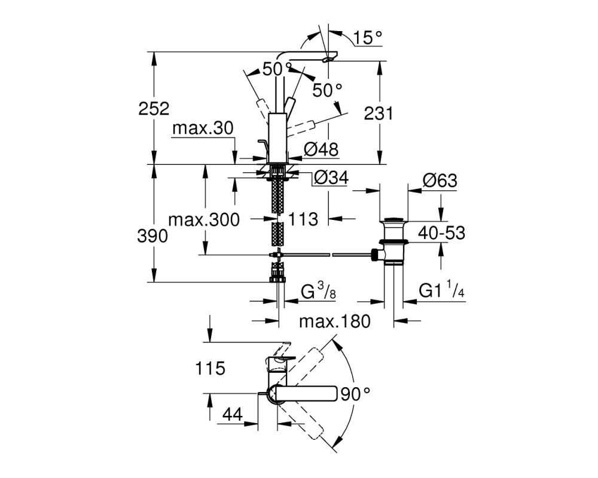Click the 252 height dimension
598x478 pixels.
coord(154,109)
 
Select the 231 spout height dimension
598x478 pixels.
coord(379,114)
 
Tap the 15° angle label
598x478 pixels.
coord(367,38)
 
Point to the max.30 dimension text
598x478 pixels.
coord(203,128)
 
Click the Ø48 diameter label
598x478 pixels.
coord(321,149)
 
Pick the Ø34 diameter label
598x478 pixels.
coord(331,177)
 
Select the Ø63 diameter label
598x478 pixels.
coord(440,180)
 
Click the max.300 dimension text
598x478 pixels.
coord(204,219)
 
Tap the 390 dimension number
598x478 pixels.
coord(152,237)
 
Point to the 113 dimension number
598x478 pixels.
coord(303,219)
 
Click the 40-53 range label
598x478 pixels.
coord(442,233)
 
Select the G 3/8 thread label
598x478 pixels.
coord(319,291)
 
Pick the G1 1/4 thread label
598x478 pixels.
coord(442,290)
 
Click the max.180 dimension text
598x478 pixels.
coord(334,321)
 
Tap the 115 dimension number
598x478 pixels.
coord(210,369)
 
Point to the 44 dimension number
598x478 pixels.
coord(233,414)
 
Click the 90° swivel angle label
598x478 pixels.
coord(355,394)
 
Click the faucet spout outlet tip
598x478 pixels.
coord(329,59)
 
